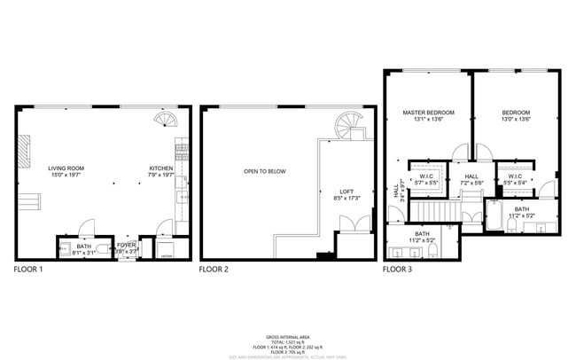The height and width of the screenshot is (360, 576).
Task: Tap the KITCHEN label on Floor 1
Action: click(x=160, y=167)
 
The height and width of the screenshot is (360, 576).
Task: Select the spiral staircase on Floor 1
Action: click(x=166, y=119)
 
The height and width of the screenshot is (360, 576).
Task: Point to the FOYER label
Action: click(x=128, y=244)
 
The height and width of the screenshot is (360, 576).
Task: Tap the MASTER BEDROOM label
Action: click(x=428, y=113)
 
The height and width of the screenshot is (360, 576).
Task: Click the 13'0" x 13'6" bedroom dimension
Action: click(x=516, y=120)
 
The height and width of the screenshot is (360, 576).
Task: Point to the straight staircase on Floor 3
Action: click(x=434, y=212)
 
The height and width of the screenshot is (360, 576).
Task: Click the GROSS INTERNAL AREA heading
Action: click(x=287, y=337)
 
